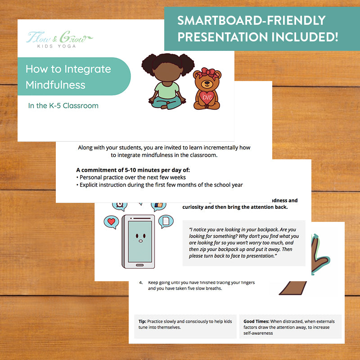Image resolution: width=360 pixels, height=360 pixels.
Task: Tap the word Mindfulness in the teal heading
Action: [x=55, y=85]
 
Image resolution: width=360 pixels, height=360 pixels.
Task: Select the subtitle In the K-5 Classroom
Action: [x=63, y=106]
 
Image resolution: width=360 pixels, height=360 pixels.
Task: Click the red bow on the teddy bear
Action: [x=208, y=72]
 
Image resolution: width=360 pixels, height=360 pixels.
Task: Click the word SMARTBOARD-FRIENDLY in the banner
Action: [x=251, y=20]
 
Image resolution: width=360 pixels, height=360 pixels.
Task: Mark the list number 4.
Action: [x=141, y=282]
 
